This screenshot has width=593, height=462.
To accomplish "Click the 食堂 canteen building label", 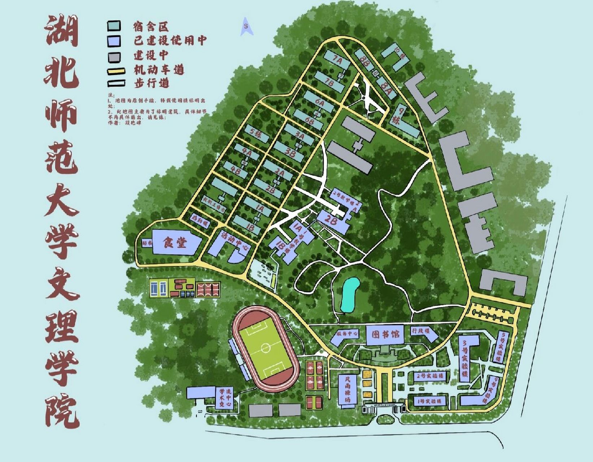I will [x=175, y=243].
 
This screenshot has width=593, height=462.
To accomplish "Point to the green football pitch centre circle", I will [x=266, y=348].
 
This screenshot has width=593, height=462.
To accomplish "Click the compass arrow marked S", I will [x=246, y=27].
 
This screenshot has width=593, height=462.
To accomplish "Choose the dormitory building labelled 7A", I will [x=337, y=60].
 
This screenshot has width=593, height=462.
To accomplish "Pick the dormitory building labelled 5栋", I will [x=257, y=134].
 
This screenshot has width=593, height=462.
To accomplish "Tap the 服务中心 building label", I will [x=346, y=334].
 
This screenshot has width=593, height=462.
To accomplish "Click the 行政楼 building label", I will [x=421, y=331].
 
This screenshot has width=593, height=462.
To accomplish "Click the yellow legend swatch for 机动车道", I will [x=116, y=71].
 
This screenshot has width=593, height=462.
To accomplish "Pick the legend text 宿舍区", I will [x=151, y=27].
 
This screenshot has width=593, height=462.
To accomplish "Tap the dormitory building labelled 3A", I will [x=299, y=135].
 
